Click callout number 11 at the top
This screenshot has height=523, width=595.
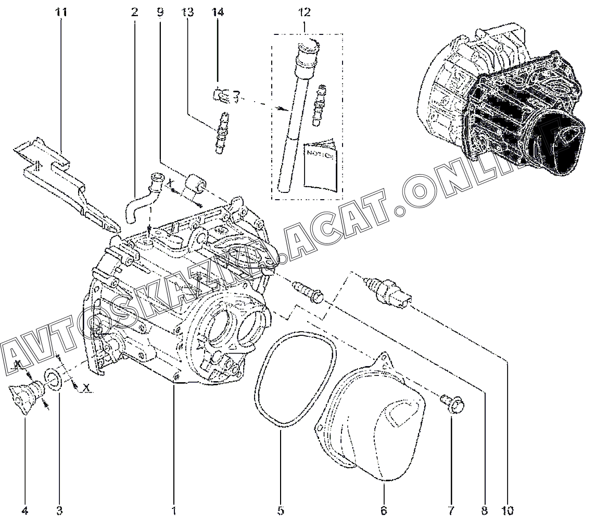tap(61, 11)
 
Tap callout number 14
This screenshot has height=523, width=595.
tap(217, 11)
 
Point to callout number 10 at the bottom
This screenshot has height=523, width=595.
tap(507, 509)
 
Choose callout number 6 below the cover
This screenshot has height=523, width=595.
tap(383, 509)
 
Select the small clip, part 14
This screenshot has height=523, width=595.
tap(221, 96)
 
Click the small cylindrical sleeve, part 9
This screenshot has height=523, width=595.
tap(197, 185)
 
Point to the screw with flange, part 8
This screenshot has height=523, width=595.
tap(309, 291)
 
